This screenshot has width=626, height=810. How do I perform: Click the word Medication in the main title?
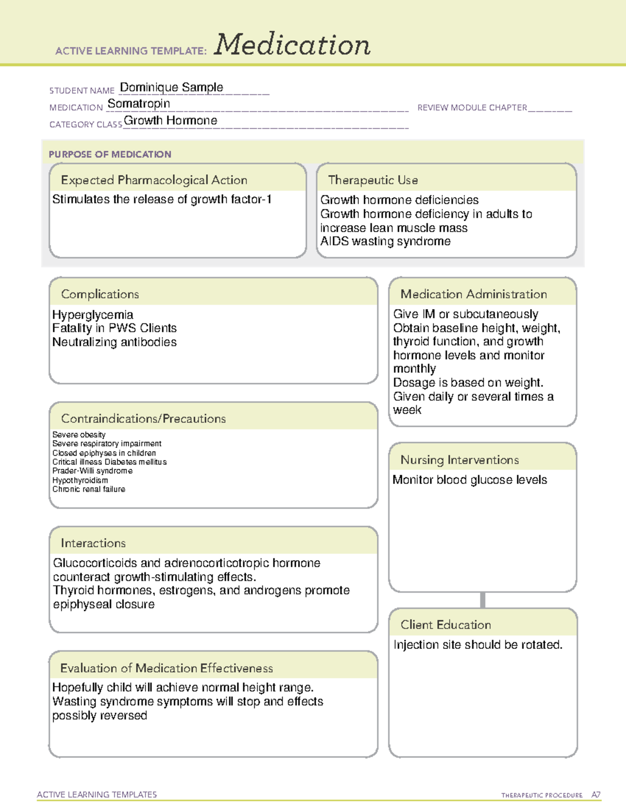coord(292,45)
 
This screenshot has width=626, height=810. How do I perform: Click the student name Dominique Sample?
coord(171,88)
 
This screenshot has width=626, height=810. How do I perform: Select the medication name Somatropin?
coord(139,104)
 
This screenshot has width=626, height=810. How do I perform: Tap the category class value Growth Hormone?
coord(171,120)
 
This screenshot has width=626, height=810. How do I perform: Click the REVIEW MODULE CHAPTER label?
coord(472,107)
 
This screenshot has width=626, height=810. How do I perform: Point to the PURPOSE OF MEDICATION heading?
coord(110,154)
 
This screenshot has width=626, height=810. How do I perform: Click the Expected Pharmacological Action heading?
coord(154,180)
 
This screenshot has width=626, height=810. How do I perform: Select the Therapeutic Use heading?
coord(373,180)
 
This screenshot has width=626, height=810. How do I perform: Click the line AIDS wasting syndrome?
coord(385,241)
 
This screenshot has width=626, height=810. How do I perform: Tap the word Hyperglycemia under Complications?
coord(92,315)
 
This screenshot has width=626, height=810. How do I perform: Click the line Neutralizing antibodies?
coord(114,342)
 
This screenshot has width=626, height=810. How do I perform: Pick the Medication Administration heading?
coord(474,294)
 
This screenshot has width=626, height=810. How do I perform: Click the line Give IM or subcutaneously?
coord(465,314)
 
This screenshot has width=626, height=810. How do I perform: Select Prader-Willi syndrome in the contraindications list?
coord(92,470)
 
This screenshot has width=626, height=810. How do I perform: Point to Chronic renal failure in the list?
coord(89,489)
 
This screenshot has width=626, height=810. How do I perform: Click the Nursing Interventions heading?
coord(460,460)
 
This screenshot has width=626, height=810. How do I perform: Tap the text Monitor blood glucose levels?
coord(469,480)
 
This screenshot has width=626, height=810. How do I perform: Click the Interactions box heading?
coord(93,543)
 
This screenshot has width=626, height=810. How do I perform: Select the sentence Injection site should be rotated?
coord(478,645)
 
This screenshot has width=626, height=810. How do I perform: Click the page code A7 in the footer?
coord(596,795)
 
